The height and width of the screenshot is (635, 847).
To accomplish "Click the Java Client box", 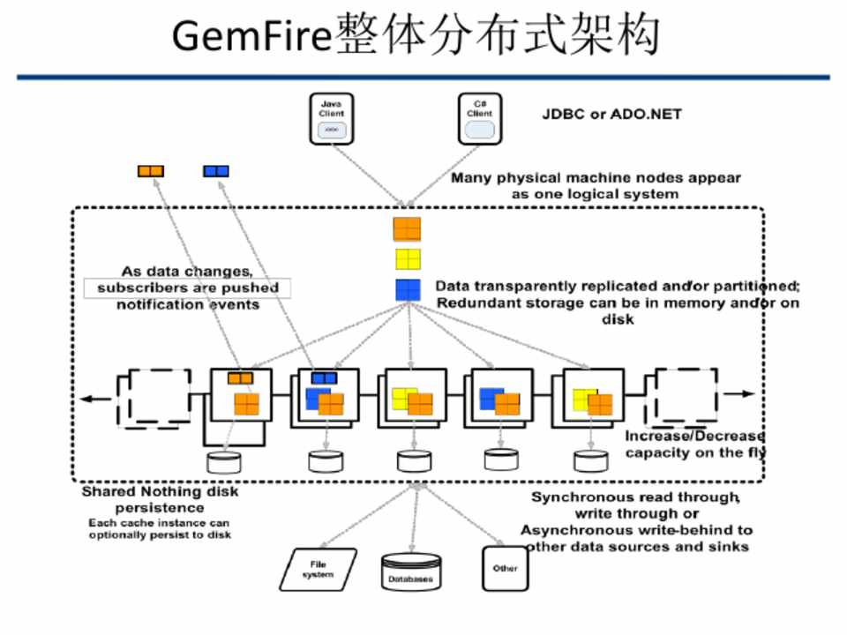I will tap(332, 120).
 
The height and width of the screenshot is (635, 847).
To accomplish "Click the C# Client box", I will tap(479, 120).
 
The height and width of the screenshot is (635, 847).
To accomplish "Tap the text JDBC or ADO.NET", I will tap(611, 115).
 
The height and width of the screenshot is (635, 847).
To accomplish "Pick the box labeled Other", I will tap(506, 569).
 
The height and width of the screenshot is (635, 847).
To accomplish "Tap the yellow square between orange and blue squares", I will tap(408, 259).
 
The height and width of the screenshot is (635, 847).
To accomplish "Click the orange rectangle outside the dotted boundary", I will tap(150, 171).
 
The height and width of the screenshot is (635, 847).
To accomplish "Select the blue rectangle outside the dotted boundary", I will tap(216, 171).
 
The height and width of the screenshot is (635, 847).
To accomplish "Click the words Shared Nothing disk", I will tap(160, 492).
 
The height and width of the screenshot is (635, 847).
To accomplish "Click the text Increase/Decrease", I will tap(694, 437).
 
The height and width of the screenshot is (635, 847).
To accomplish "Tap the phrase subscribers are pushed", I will tap(188, 288).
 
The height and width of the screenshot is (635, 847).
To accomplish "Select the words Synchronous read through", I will tap(635, 497).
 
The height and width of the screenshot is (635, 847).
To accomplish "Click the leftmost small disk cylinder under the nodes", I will tap(223, 461).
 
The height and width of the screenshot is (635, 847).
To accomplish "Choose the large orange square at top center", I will tap(407, 228).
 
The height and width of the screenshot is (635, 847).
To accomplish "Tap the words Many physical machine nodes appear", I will tap(596, 178).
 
